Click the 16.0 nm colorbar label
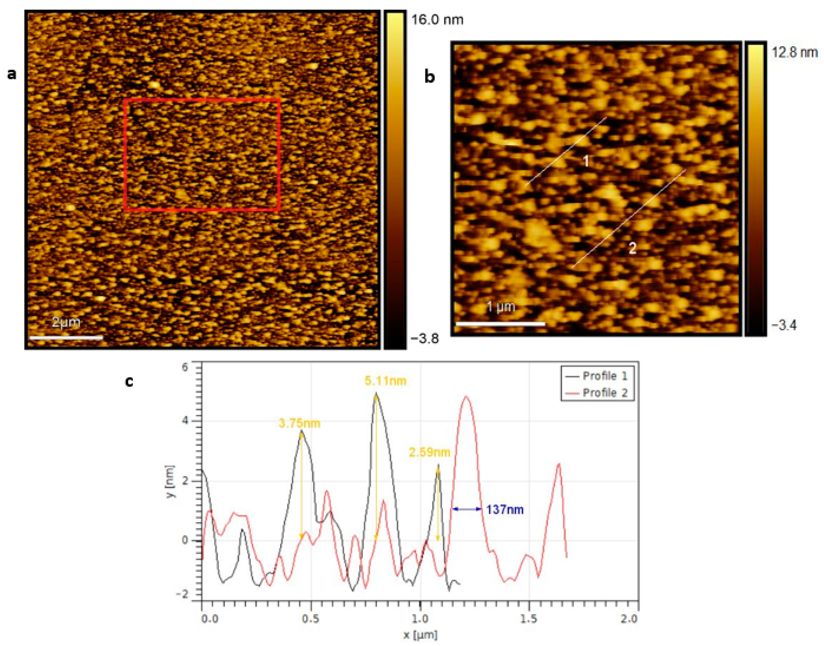click(x=437, y=19)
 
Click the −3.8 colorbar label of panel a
click(x=425, y=338)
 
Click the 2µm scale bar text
click(x=66, y=322)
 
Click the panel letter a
click(x=12, y=74)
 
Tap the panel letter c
click(x=129, y=382)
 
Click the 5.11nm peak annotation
click(x=385, y=381)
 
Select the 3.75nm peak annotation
click(x=299, y=423)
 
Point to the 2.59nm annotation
click(x=429, y=452)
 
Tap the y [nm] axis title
click(x=171, y=481)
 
